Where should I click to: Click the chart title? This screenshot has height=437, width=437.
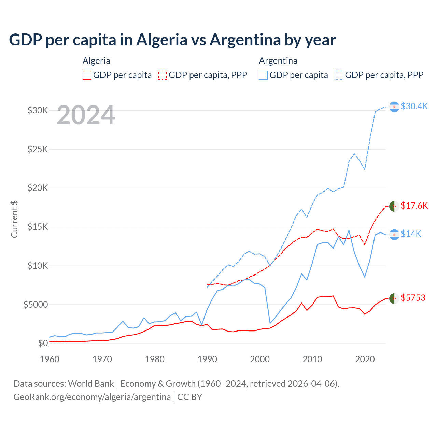pos(172,40)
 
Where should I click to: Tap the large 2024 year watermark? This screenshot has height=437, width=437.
pos(86,115)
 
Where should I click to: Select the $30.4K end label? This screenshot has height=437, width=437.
pos(414,106)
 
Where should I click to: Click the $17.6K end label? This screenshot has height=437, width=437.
pos(414,206)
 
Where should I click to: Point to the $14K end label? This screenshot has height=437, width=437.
pos(411,234)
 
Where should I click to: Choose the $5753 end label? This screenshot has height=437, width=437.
pos(413,298)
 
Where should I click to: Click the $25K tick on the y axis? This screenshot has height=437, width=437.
pos(38,149)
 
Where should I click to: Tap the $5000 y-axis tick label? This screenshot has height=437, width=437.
pos(36,305)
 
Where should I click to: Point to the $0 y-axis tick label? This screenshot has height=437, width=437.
pos(42,343)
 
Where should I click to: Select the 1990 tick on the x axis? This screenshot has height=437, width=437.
pos(207,359)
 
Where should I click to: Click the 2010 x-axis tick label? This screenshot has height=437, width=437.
pos(312,359)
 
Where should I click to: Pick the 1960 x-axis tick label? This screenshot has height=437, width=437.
pos(50,359)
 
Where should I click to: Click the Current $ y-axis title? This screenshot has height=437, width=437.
pos(14,219)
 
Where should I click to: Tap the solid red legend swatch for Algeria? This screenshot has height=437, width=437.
pos(87,75)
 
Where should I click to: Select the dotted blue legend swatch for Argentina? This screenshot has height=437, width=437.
pos(339,75)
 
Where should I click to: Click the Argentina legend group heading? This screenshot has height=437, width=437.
pos(278,61)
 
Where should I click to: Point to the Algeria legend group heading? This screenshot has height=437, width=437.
pos(96,61)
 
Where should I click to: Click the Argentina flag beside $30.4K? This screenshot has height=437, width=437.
pos(394,107)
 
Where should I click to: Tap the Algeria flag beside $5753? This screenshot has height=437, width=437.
pos(394,298)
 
